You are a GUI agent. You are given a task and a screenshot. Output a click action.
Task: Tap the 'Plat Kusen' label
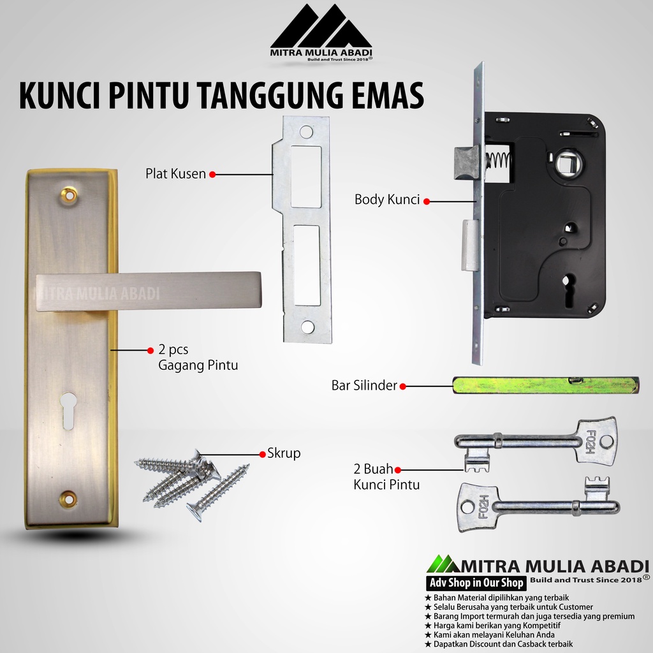pos(175,173)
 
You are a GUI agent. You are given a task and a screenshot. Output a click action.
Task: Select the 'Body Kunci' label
pos(387,200)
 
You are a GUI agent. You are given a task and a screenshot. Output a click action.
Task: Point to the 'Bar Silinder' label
pos(364,385)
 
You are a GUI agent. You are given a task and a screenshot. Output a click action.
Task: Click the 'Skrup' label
pos(284,453)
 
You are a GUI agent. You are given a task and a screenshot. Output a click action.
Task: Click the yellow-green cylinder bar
pos(546,385)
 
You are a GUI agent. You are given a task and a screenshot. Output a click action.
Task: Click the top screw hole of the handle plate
pos(69,194)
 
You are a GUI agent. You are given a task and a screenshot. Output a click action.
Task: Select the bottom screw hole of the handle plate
pos(68,497)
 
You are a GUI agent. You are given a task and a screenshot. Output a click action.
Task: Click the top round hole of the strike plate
pos(306,132)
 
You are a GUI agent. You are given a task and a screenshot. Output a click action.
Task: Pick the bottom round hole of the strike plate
pos(307,327)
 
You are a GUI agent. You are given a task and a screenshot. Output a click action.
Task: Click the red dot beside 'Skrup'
pos(262,454)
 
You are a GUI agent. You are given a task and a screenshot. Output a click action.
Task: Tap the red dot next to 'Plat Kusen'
pos(212,175)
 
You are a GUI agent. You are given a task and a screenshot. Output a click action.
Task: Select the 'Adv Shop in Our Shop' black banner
pos(476,583)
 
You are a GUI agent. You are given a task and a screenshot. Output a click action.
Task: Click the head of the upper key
pos(596,440)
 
